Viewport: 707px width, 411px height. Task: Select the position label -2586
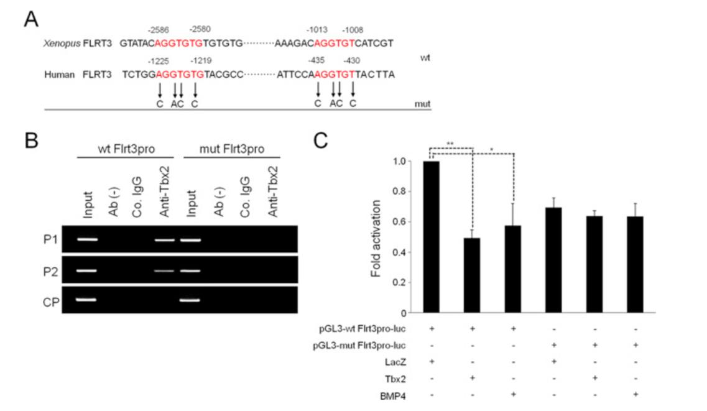[159, 30]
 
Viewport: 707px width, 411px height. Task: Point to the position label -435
[317, 60]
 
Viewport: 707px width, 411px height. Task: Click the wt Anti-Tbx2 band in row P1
[165, 239]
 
